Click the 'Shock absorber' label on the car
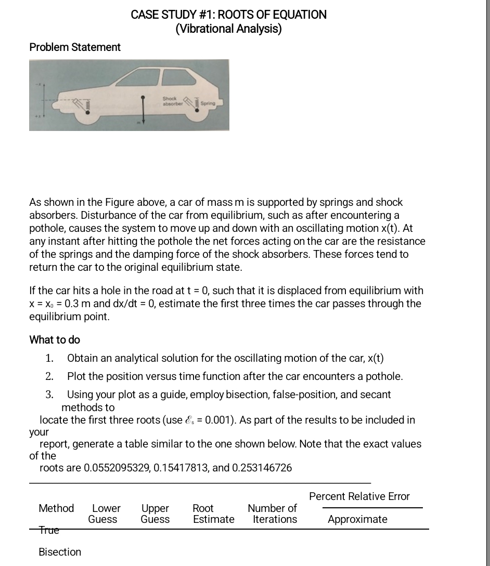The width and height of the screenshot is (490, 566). click(x=170, y=100)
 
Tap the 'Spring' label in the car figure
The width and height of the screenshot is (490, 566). click(x=209, y=104)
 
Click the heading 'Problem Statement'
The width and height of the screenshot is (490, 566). click(x=75, y=47)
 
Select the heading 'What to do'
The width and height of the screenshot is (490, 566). click(x=55, y=340)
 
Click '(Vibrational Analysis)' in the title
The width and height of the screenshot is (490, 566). click(x=228, y=29)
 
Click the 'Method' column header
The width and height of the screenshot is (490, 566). click(x=56, y=508)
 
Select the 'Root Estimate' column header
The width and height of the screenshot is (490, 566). click(x=213, y=514)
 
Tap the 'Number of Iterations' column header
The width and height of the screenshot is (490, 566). click(x=273, y=514)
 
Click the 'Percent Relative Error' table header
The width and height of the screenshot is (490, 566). click(x=359, y=496)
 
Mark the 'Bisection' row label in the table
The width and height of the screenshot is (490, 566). click(x=60, y=552)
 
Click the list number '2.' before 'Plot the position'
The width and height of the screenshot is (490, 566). click(x=49, y=376)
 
